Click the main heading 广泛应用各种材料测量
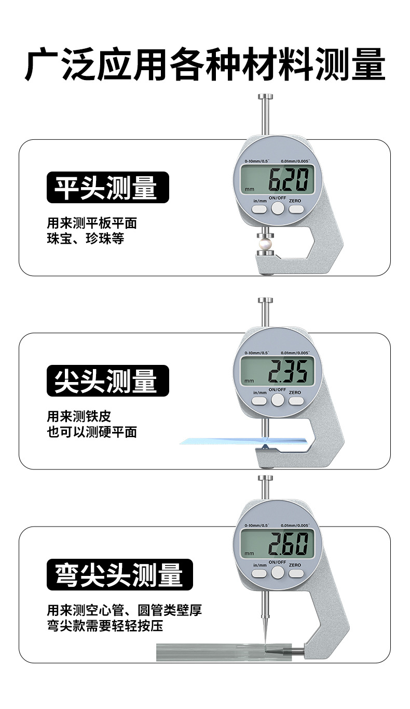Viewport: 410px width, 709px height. click(205, 64)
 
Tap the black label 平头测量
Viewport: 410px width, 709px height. click(108, 188)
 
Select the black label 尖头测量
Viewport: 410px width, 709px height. click(108, 381)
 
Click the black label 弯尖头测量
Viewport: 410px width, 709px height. click(120, 574)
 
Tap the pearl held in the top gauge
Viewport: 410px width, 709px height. click(265, 243)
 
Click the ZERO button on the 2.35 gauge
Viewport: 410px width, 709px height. click(296, 400)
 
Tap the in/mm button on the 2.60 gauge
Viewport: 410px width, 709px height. click(259, 573)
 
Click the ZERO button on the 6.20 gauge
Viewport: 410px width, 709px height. click(296, 208)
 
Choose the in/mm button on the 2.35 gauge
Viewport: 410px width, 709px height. click(259, 400)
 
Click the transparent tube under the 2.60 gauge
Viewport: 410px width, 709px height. click(208, 651)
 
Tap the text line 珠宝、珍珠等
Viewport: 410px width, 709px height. click(86, 239)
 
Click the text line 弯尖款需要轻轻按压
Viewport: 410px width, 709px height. click(105, 625)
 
